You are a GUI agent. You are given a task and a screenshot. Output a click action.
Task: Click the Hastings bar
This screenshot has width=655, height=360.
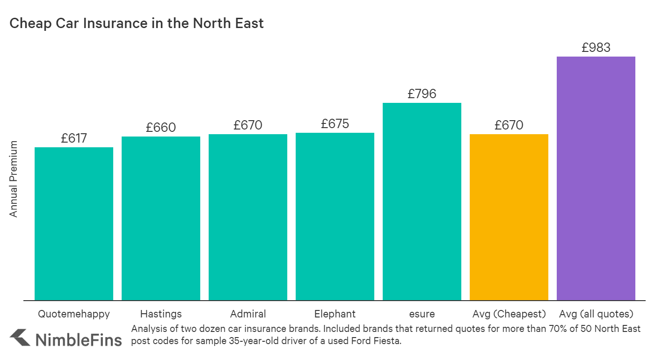pyautogui.click(x=161, y=218)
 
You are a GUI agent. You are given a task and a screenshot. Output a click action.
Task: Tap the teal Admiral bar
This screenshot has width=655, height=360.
pyautogui.click(x=248, y=217)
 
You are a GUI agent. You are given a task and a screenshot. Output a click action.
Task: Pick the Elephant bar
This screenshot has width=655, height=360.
pyautogui.click(x=335, y=216)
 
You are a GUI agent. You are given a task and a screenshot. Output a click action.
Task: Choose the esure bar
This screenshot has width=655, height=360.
pyautogui.click(x=422, y=202)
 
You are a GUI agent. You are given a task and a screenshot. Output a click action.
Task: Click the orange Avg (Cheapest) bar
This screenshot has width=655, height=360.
pyautogui.click(x=509, y=217)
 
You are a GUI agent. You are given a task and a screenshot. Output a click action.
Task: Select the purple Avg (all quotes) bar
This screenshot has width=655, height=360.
pyautogui.click(x=596, y=178)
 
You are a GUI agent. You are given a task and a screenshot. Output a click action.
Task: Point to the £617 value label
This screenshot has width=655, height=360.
pyautogui.click(x=74, y=138)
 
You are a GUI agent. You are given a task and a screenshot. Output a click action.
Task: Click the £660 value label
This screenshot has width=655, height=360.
pyautogui.click(x=161, y=128)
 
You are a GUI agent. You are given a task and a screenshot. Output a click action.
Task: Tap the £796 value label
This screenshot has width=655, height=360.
pyautogui.click(x=422, y=94)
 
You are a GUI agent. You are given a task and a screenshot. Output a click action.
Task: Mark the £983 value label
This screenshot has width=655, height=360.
pyautogui.click(x=596, y=48)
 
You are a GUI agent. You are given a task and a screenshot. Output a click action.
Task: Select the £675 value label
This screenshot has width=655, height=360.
pyautogui.click(x=335, y=124)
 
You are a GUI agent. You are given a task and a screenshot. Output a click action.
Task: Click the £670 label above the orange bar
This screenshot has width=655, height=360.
pyautogui.click(x=509, y=125)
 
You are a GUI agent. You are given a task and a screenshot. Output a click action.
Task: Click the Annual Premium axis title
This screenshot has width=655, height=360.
pyautogui.click(x=14, y=179)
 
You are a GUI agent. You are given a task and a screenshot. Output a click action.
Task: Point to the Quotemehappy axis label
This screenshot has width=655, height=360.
pyautogui.click(x=74, y=314)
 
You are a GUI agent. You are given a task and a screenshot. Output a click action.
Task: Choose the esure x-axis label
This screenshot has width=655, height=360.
pyautogui.click(x=422, y=314)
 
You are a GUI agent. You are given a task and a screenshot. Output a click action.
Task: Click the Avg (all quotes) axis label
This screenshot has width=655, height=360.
pyautogui.click(x=596, y=314)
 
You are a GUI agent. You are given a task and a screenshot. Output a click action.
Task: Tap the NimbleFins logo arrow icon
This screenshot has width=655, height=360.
pyautogui.click(x=20, y=338)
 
